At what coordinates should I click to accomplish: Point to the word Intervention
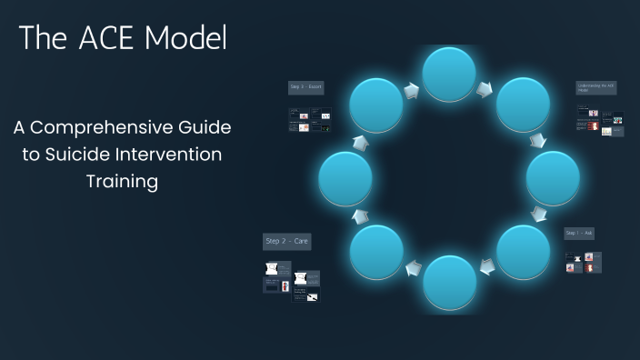coord(185,155)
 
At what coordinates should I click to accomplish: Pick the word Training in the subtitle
coord(122,182)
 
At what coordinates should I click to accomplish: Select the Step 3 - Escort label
coord(306,87)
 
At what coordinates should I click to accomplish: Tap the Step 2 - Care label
coord(286,242)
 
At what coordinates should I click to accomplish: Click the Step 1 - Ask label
coord(579,234)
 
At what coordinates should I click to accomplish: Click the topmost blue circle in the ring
coord(450,75)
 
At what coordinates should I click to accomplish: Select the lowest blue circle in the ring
coord(450,283)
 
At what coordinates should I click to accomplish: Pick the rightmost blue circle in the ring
coord(553,178)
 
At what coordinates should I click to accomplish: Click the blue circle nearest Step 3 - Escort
coord(376,105)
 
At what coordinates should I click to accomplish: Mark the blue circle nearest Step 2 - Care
coord(376,252)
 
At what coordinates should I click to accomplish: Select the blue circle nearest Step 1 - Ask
coord(524,252)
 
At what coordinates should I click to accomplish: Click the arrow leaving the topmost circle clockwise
coord(487,88)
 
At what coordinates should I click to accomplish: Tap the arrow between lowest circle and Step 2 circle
coord(414,268)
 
